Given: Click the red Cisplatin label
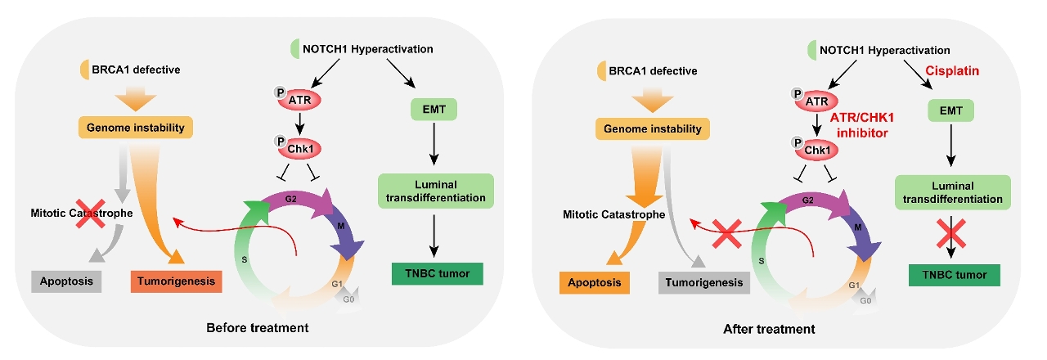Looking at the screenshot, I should point(951,72).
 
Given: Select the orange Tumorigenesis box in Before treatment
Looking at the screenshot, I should point(176,281).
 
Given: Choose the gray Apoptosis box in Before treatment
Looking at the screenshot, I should point(67,281).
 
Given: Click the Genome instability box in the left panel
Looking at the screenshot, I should point(135,128).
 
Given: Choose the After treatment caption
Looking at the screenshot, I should point(769,329).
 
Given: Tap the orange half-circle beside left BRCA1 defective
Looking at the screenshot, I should point(85,70).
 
